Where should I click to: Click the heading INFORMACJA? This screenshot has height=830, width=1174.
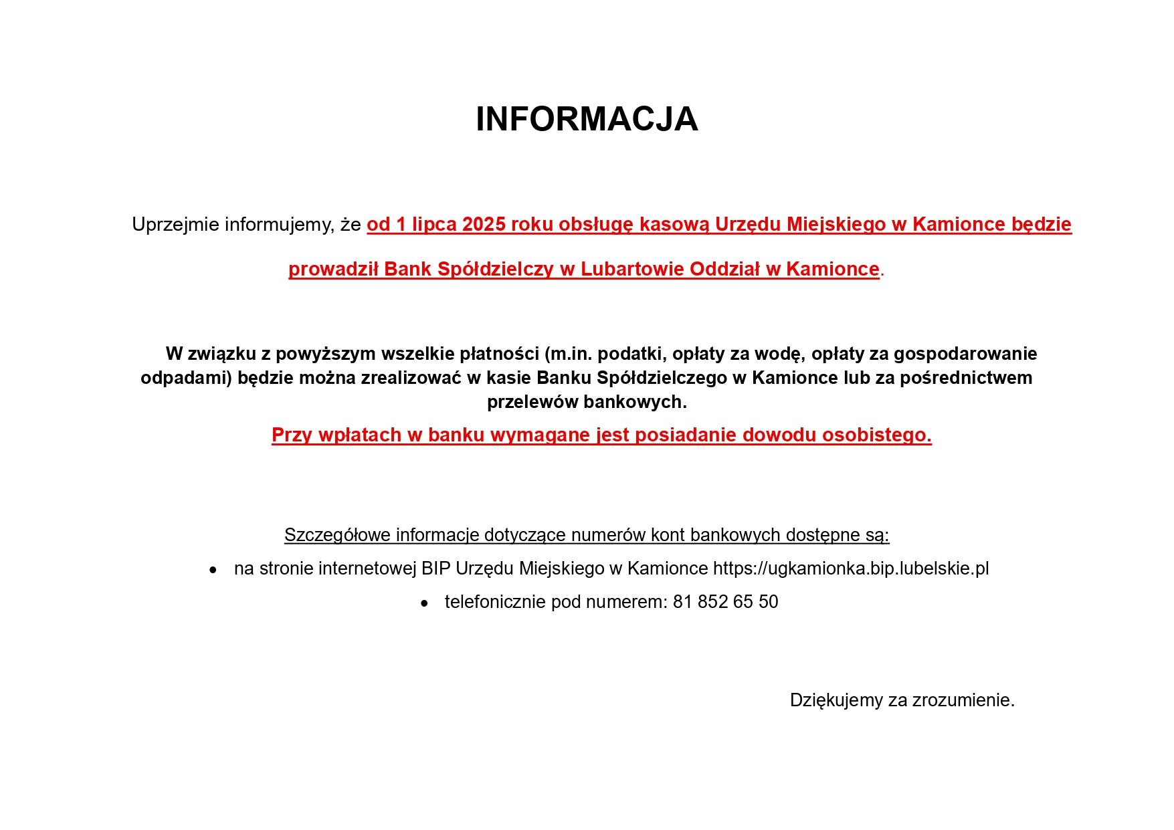[x=587, y=120]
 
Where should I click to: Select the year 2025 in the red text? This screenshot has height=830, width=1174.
[x=484, y=225]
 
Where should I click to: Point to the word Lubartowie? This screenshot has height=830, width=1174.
[x=632, y=270]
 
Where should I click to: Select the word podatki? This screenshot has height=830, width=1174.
[x=631, y=354]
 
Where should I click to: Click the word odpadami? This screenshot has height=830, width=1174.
[x=185, y=379]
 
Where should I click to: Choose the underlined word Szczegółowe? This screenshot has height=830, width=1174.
[x=337, y=536]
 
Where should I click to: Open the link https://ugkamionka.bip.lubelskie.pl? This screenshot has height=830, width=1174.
[x=850, y=569]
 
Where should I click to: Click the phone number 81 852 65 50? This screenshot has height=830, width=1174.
[x=725, y=603]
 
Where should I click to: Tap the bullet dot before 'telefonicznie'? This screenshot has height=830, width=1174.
[x=424, y=603]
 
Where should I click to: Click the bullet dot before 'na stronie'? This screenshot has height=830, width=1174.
[x=213, y=570]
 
